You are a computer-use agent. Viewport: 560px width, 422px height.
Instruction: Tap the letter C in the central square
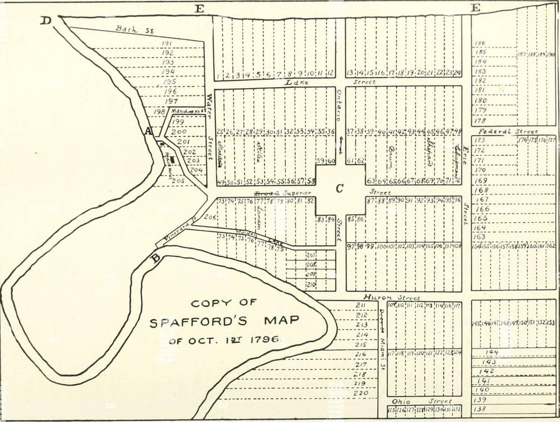click(x=340, y=188)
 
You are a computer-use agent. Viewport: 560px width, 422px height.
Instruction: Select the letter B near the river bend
click(x=156, y=258)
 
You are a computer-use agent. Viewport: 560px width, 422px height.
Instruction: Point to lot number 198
click(x=159, y=112)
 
